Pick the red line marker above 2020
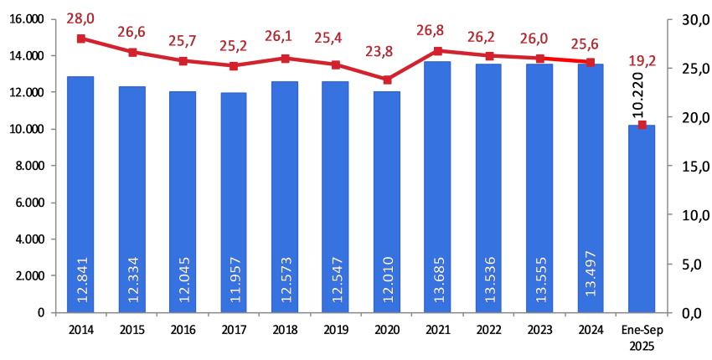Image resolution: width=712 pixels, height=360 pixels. [x=387, y=80]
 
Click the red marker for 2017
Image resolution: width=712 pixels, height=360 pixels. [x=234, y=65]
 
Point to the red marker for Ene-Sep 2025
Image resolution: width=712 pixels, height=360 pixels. [x=642, y=125]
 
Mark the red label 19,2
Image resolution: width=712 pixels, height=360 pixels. [x=642, y=60]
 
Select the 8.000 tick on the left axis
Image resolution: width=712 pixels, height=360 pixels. [x=28, y=166]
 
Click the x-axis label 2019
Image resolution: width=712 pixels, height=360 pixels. [x=336, y=328]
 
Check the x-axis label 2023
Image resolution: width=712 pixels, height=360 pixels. [x=540, y=328]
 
